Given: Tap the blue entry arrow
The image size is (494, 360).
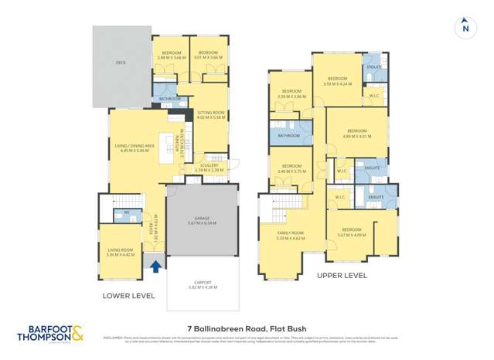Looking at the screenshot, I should (155, 267).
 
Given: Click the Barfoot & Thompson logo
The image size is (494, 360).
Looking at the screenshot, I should (51, 334).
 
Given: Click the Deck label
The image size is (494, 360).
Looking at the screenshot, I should (121, 63).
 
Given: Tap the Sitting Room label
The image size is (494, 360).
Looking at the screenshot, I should (210, 115).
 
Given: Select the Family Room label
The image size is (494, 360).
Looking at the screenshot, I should (291, 234).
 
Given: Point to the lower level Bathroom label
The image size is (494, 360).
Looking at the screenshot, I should (170, 99).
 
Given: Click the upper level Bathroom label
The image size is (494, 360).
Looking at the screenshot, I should (289, 135).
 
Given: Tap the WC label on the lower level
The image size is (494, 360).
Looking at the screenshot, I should (126, 212).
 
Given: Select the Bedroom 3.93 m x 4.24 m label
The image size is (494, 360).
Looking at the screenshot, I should (337, 81).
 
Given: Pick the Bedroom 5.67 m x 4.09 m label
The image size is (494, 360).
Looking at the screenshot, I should (352, 232).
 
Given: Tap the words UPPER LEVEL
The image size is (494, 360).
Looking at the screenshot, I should (341, 275).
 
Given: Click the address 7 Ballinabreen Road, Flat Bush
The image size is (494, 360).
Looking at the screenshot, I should (247, 328).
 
